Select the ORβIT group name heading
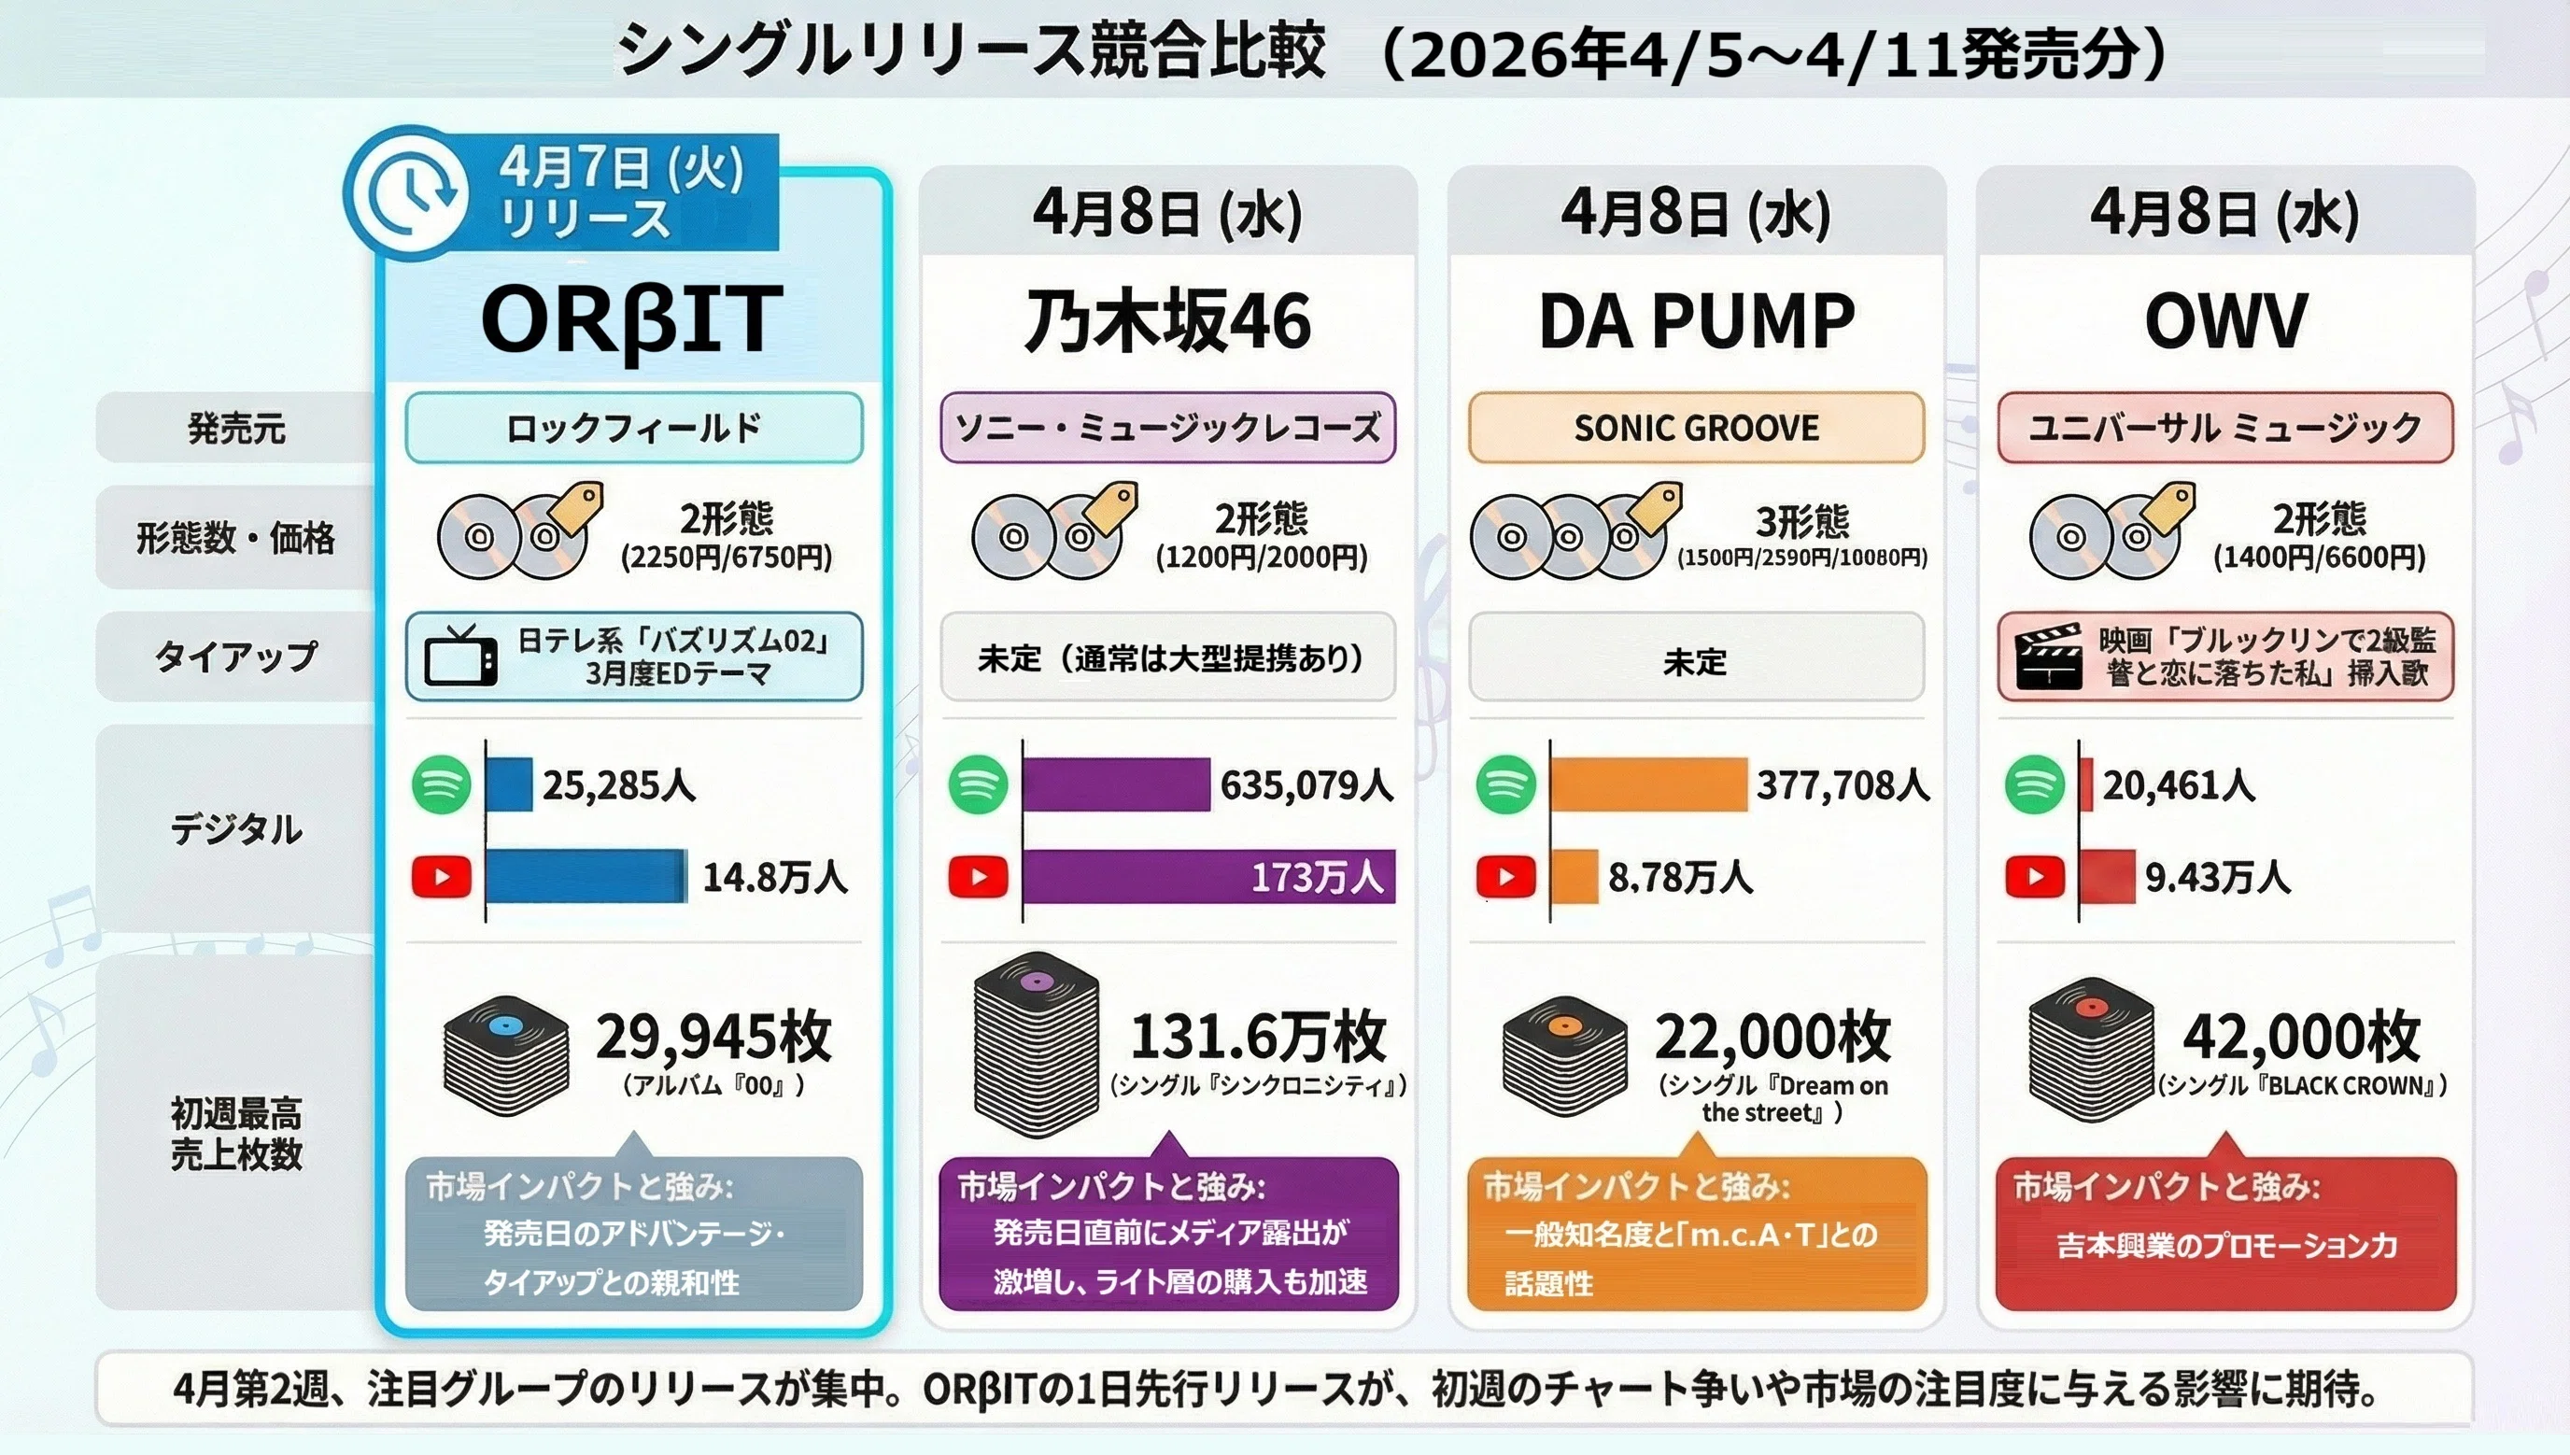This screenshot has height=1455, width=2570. point(630,319)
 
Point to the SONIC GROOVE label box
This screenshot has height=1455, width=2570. point(1696,428)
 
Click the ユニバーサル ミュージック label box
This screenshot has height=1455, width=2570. point(2225,428)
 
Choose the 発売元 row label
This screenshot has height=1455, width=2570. point(236,428)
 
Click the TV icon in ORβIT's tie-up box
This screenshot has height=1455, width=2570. point(460,656)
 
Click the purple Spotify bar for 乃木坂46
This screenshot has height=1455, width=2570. point(1116,784)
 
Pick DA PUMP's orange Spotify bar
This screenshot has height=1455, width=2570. point(1648,784)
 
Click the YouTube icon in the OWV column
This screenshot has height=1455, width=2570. point(2034,878)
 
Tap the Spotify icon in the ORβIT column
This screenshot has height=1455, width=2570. point(442,784)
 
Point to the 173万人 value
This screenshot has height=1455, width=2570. point(1317,878)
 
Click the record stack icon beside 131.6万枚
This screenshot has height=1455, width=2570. point(1037,1045)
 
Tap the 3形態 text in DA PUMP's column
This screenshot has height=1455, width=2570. point(1801,520)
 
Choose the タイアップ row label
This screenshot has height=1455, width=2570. point(236,657)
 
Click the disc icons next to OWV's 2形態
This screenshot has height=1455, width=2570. point(2111,532)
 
